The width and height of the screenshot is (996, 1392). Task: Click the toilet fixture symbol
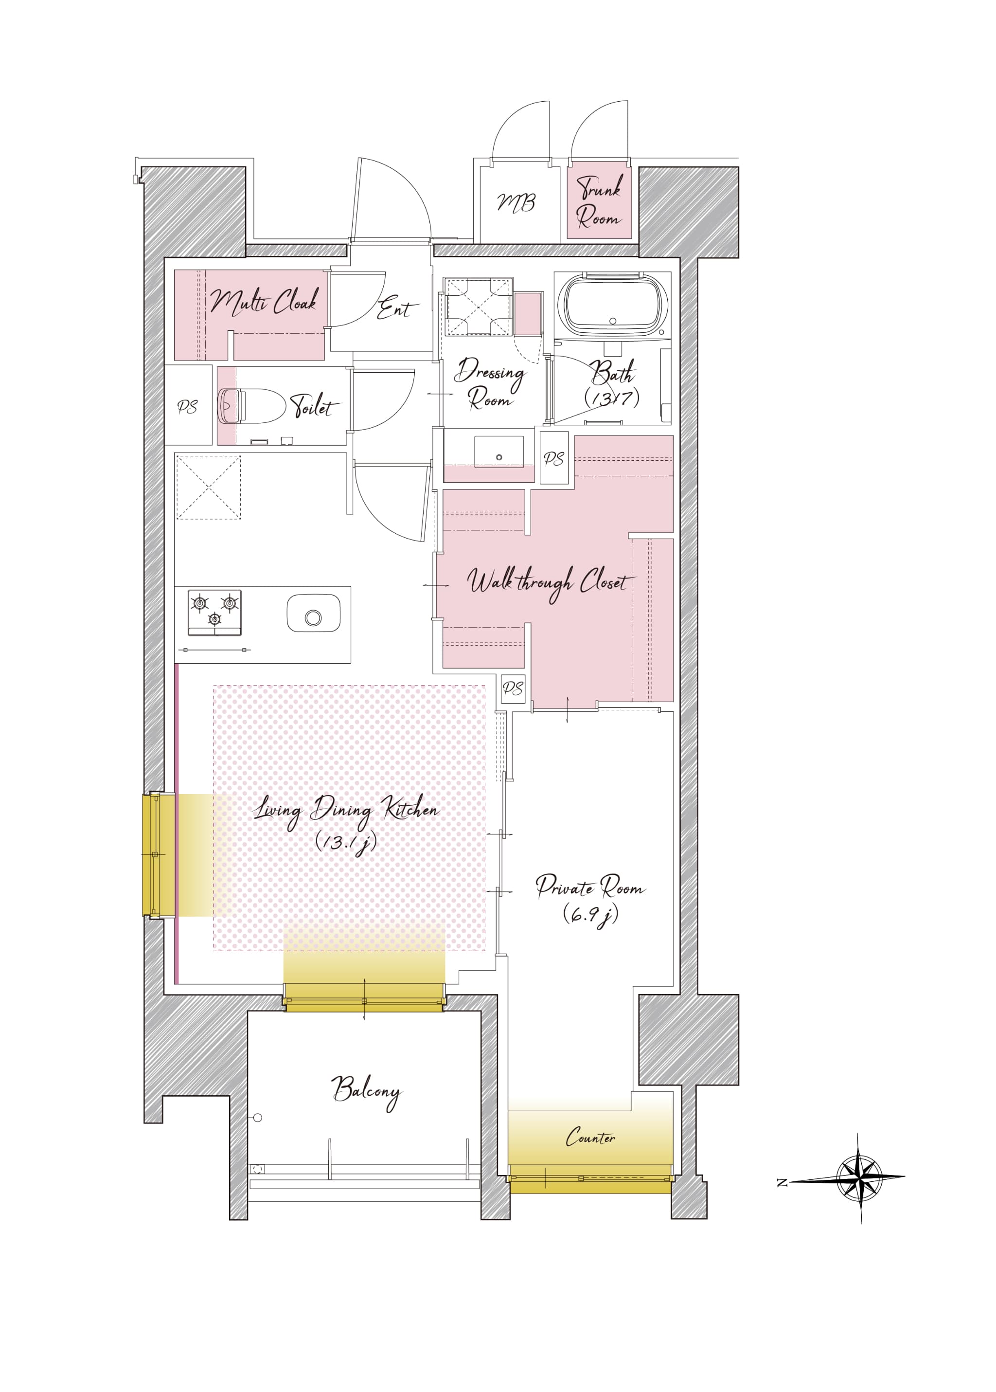[x=251, y=405]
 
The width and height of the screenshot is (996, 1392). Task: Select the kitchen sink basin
[x=313, y=612]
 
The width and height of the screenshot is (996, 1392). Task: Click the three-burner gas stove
[x=214, y=612]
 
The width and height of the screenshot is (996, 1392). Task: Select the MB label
[x=516, y=202]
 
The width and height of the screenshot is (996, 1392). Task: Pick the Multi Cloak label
[x=265, y=301]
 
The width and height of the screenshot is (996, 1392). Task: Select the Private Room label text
[x=590, y=886]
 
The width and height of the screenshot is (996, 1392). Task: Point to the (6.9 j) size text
[x=590, y=915]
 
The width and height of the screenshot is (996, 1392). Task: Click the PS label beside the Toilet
[x=188, y=407]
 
